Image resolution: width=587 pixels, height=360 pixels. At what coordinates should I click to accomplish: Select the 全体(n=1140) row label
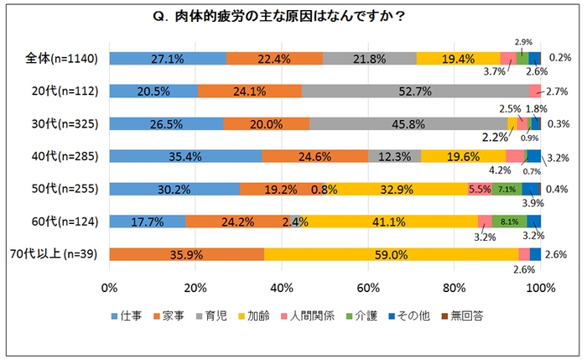63,58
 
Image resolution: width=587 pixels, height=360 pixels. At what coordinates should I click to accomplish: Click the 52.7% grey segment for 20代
415,91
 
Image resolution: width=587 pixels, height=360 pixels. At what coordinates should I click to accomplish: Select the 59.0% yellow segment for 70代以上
391,254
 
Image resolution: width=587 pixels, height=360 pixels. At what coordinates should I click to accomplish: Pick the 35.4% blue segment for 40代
185,156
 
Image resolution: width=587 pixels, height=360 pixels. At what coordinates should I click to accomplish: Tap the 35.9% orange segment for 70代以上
187,254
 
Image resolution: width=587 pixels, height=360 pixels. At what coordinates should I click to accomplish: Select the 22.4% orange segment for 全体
274,58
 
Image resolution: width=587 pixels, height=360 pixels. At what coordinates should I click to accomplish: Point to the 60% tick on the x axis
368,288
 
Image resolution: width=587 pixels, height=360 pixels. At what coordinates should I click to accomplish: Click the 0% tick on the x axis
109,288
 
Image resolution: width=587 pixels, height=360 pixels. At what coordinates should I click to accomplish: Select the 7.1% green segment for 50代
506,189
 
